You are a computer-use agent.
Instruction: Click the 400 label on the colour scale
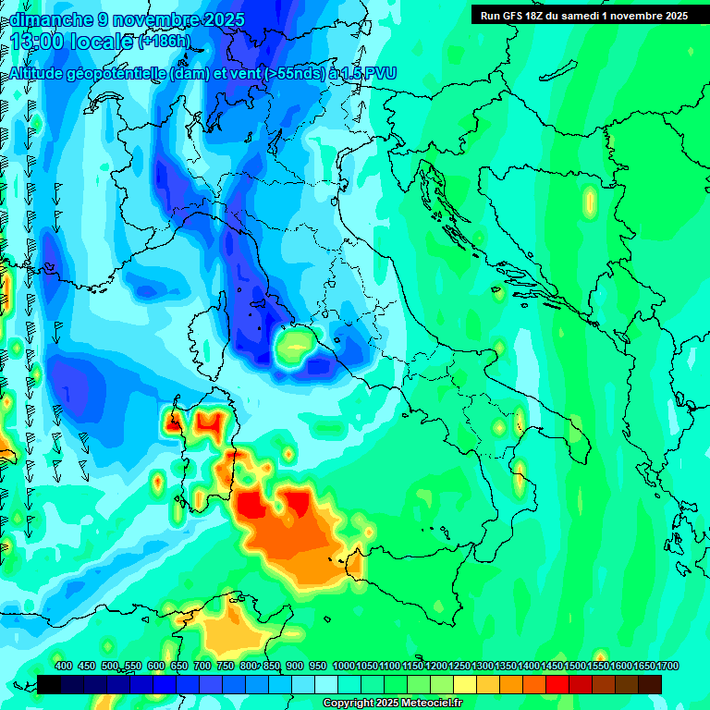click(x=64, y=666)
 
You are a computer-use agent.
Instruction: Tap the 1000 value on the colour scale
click(x=344, y=666)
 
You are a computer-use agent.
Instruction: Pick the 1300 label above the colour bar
click(x=483, y=666)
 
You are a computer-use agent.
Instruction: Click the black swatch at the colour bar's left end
click(x=49, y=684)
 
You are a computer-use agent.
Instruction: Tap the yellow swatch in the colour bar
click(x=465, y=684)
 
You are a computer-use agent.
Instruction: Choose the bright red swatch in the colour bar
click(x=557, y=684)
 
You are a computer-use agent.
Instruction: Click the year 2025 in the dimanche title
click(x=223, y=19)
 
